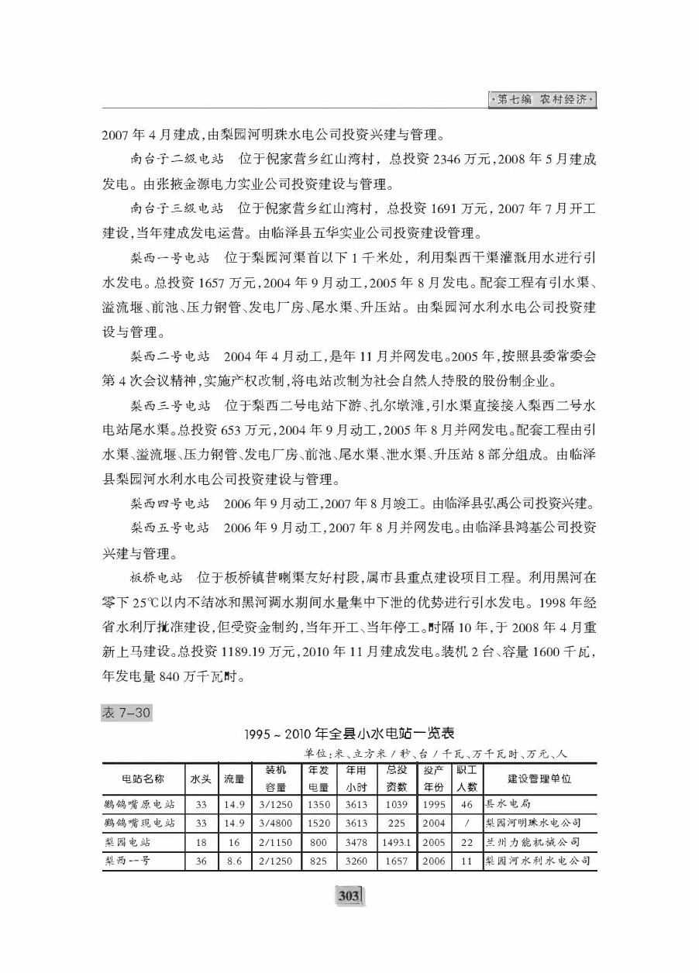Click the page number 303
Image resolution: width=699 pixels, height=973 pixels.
coord(349,896)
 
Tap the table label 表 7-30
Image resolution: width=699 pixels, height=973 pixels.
coord(126,713)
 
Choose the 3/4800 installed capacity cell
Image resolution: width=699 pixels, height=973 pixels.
coord(276,822)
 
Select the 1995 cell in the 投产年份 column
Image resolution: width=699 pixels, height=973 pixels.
coord(435,803)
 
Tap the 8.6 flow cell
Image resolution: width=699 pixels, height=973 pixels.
coord(235,861)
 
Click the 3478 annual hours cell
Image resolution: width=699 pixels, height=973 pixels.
coord(356,841)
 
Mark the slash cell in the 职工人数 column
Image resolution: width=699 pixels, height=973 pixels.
coord(467,822)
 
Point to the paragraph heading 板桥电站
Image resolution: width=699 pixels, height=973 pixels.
coord(156,577)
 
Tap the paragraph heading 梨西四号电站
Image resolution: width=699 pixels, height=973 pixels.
coord(170,504)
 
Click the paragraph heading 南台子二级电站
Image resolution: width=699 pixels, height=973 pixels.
coord(177,160)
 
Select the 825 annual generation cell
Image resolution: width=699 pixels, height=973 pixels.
coord(318,861)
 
